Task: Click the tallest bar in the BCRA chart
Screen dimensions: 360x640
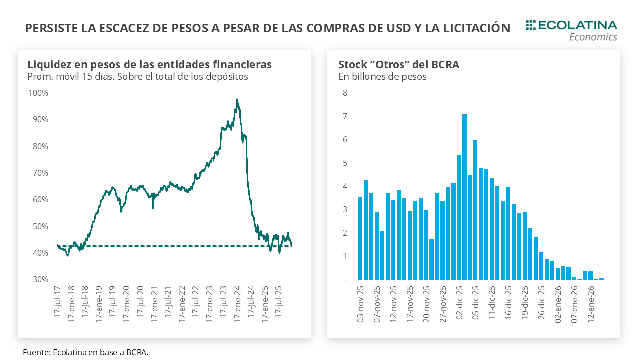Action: tap(464, 197)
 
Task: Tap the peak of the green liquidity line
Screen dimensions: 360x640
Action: tap(237, 100)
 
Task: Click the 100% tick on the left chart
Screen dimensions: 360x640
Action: tap(38, 93)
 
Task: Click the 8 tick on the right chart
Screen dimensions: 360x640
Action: tap(345, 93)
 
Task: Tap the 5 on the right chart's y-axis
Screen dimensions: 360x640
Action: tap(345, 163)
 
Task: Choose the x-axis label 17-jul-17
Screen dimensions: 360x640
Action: tap(58, 303)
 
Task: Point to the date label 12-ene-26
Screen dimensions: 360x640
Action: tap(590, 303)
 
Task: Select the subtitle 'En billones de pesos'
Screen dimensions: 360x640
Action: tap(382, 77)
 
